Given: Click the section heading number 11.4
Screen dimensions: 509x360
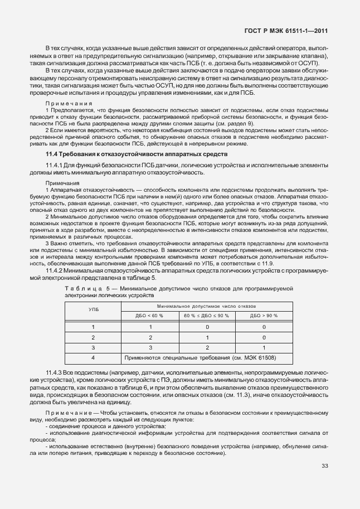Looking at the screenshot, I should [52, 153].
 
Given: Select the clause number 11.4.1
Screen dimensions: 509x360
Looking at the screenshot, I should [55, 166].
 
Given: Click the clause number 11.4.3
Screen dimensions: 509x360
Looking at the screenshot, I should [55, 371].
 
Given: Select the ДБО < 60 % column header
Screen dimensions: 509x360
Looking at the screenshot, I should [149, 316].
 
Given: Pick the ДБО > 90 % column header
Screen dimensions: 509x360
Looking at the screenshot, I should [264, 316].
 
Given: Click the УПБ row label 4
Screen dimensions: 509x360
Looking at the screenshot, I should [94, 357].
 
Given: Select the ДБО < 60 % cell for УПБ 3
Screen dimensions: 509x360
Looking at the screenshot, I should [149, 347].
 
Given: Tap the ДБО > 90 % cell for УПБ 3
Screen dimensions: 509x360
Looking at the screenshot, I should [264, 347].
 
